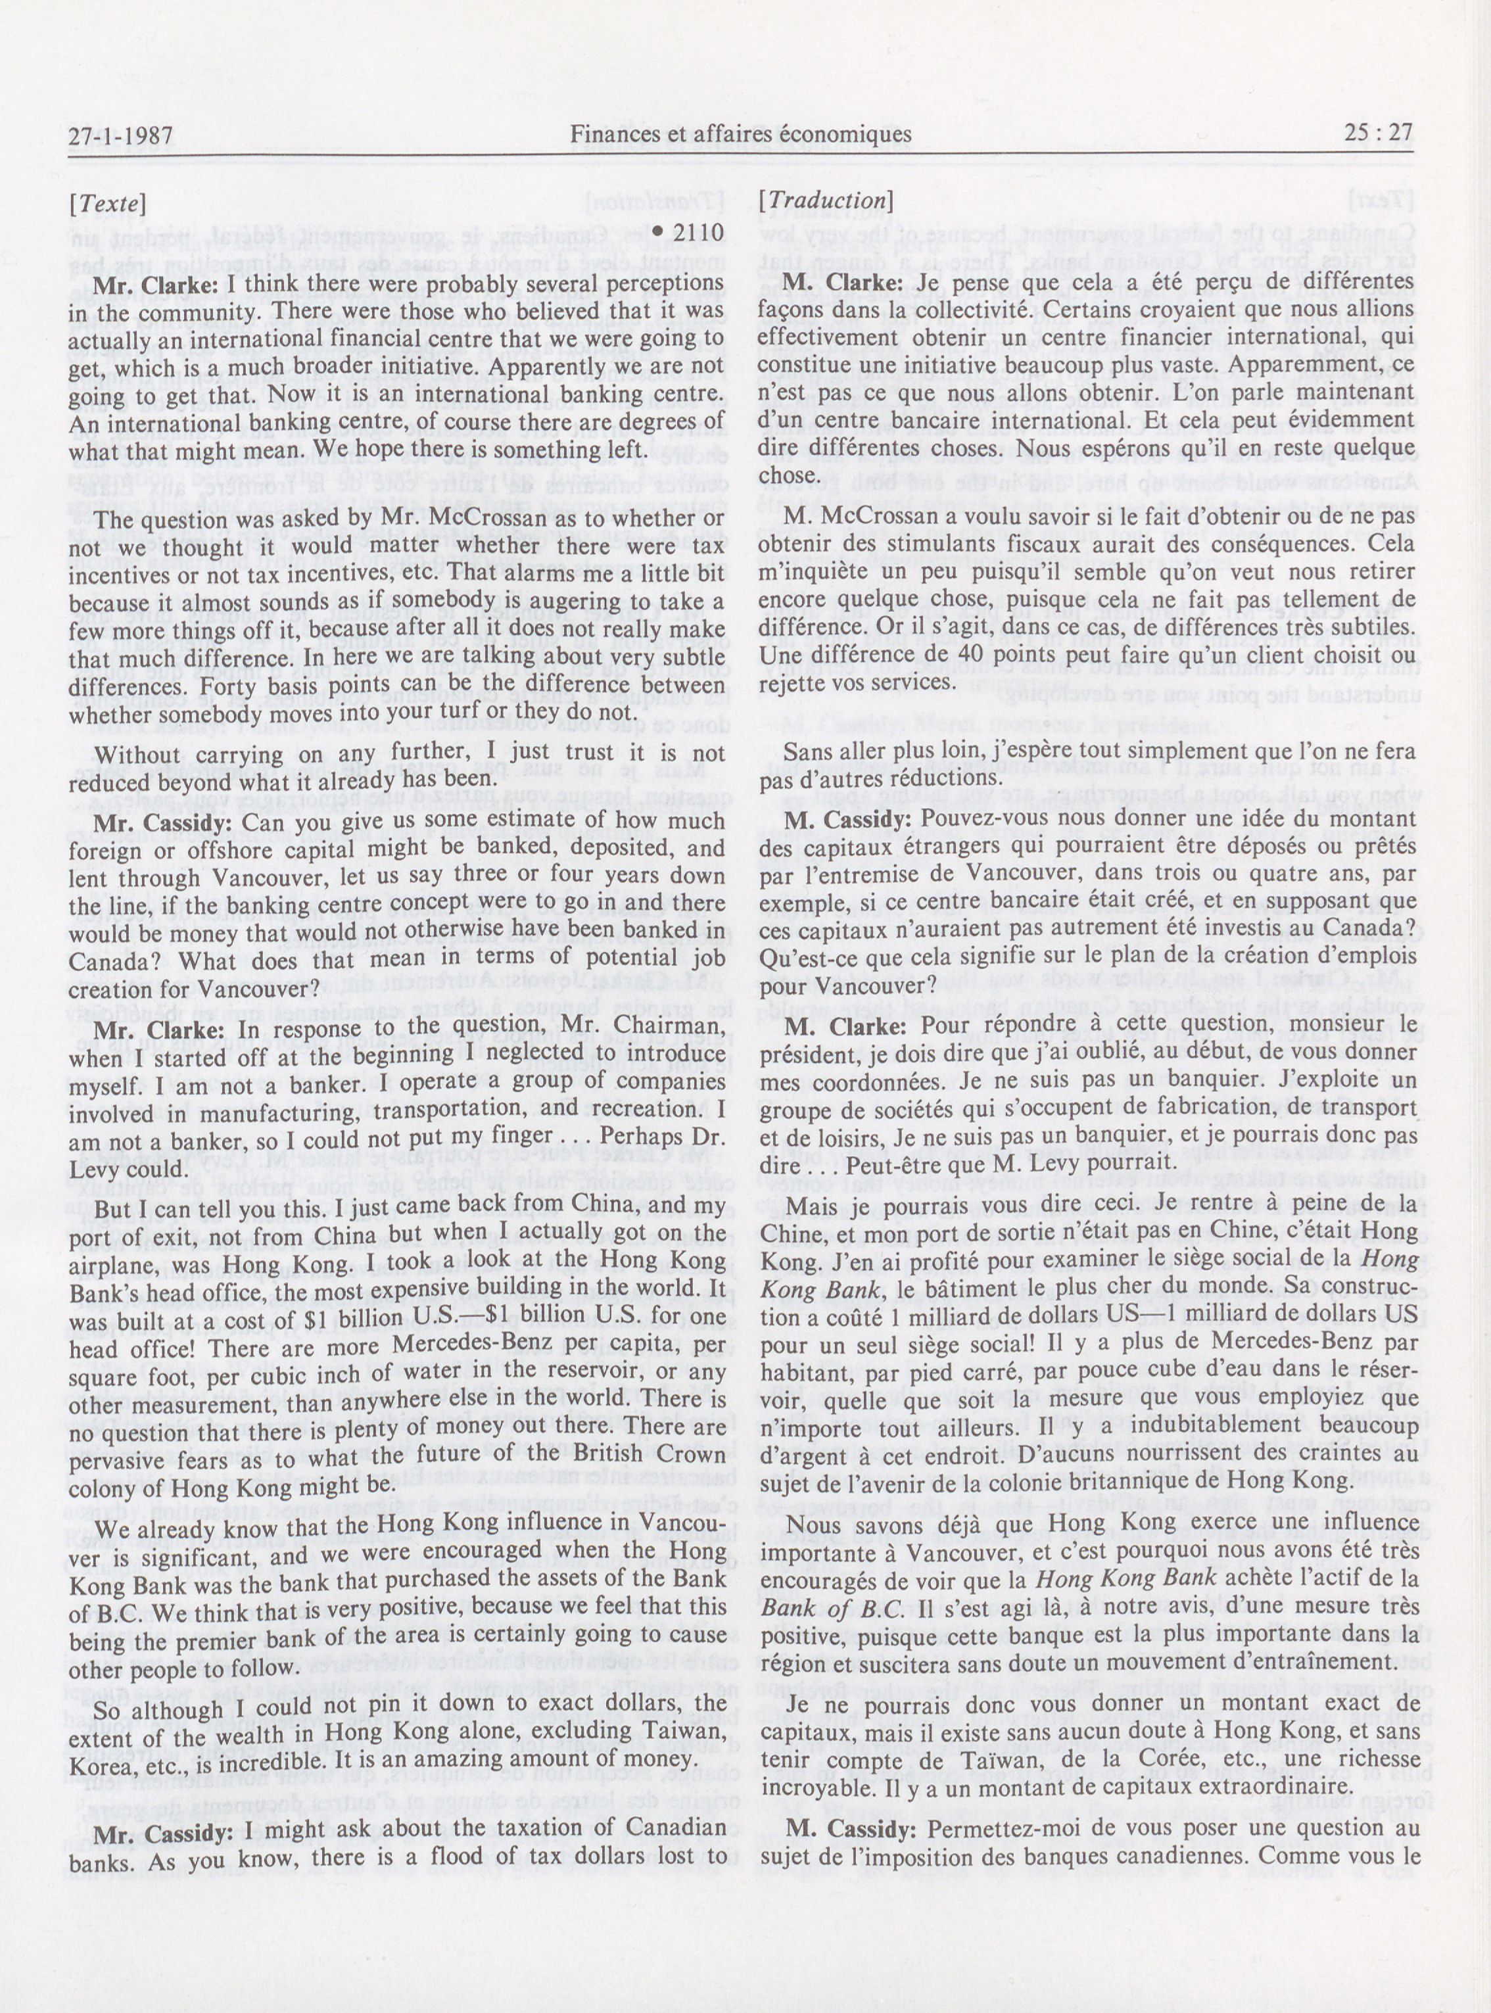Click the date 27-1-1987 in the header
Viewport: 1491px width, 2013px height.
click(121, 136)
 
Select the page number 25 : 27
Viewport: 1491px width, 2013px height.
click(1377, 133)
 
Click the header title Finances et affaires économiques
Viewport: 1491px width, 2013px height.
click(740, 134)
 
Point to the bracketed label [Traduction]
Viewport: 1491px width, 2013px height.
click(826, 201)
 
